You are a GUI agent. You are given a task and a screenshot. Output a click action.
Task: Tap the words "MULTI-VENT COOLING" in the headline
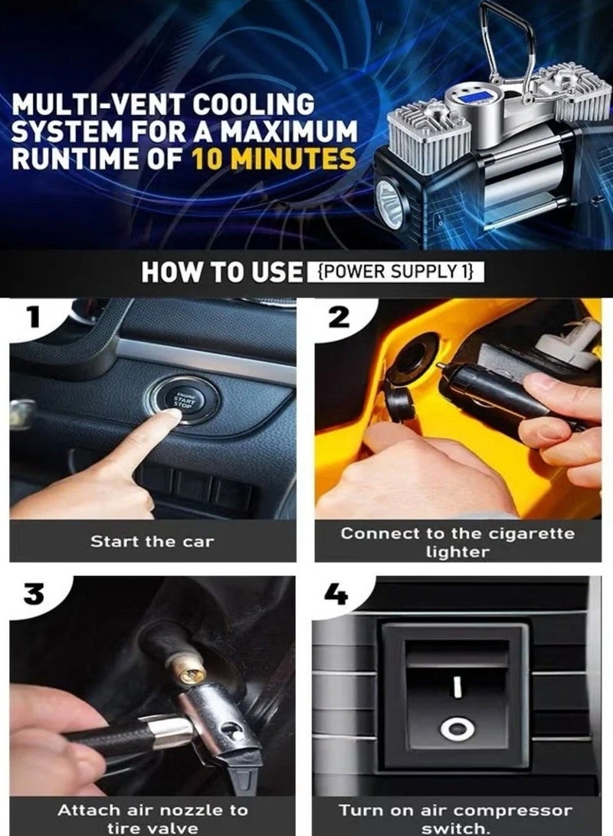coord(162,104)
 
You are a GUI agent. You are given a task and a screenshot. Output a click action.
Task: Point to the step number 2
coord(338,315)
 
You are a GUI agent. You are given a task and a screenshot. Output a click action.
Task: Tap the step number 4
coord(338,595)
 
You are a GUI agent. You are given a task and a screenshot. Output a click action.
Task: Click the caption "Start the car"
coord(152,541)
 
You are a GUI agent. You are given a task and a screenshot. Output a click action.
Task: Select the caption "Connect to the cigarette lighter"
coord(457,541)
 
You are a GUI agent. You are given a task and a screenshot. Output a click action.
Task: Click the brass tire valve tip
coord(188,672)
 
